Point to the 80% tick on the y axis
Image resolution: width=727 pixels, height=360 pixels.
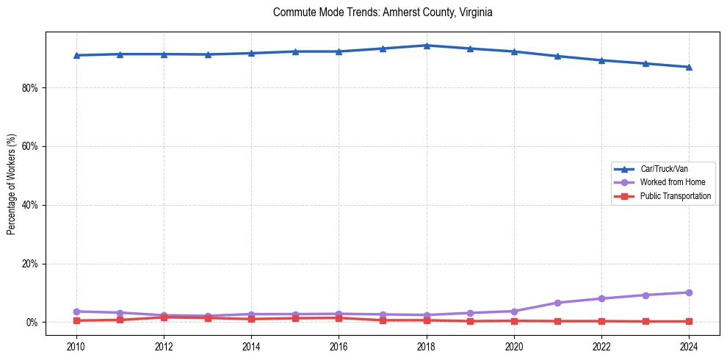point(30,87)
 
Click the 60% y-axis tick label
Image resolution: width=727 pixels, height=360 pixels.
point(30,146)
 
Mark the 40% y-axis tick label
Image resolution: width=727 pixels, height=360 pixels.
point(30,205)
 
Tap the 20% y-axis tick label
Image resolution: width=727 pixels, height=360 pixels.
point(30,264)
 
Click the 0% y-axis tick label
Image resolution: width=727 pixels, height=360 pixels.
point(32,323)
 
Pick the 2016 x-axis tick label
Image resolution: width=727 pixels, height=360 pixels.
point(339,345)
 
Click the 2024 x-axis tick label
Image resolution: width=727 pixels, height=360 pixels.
point(689,345)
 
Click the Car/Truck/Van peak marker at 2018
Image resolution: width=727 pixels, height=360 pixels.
point(427,46)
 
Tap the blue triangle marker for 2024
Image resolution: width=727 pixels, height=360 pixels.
point(689,67)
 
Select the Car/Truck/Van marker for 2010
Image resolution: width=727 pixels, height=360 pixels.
point(76,55)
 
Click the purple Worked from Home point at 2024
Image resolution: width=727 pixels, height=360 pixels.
point(689,292)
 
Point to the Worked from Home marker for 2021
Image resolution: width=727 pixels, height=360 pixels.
point(557,303)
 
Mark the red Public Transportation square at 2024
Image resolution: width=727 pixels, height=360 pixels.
point(689,321)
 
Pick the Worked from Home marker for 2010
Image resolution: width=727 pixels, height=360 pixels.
point(76,312)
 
